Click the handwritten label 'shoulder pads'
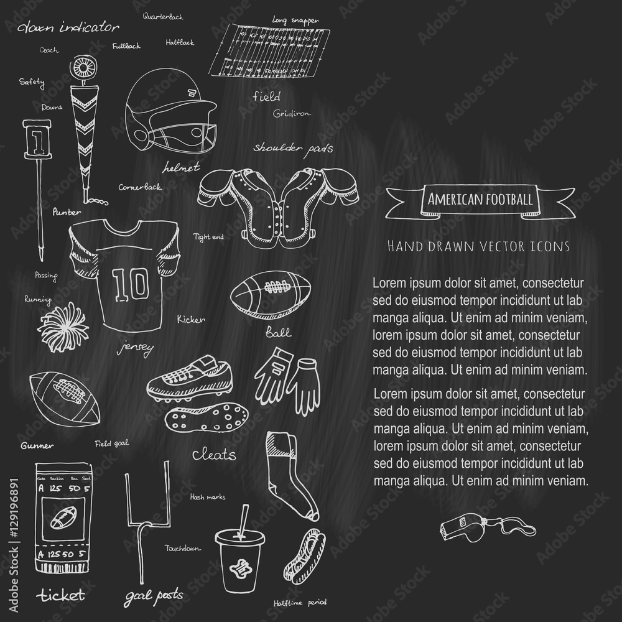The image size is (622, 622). click(x=292, y=149)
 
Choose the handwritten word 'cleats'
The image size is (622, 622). click(x=213, y=455)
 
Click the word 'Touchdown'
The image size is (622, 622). click(x=182, y=548)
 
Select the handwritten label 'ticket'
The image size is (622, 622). click(x=60, y=595)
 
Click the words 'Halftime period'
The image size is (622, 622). click(x=300, y=603)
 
